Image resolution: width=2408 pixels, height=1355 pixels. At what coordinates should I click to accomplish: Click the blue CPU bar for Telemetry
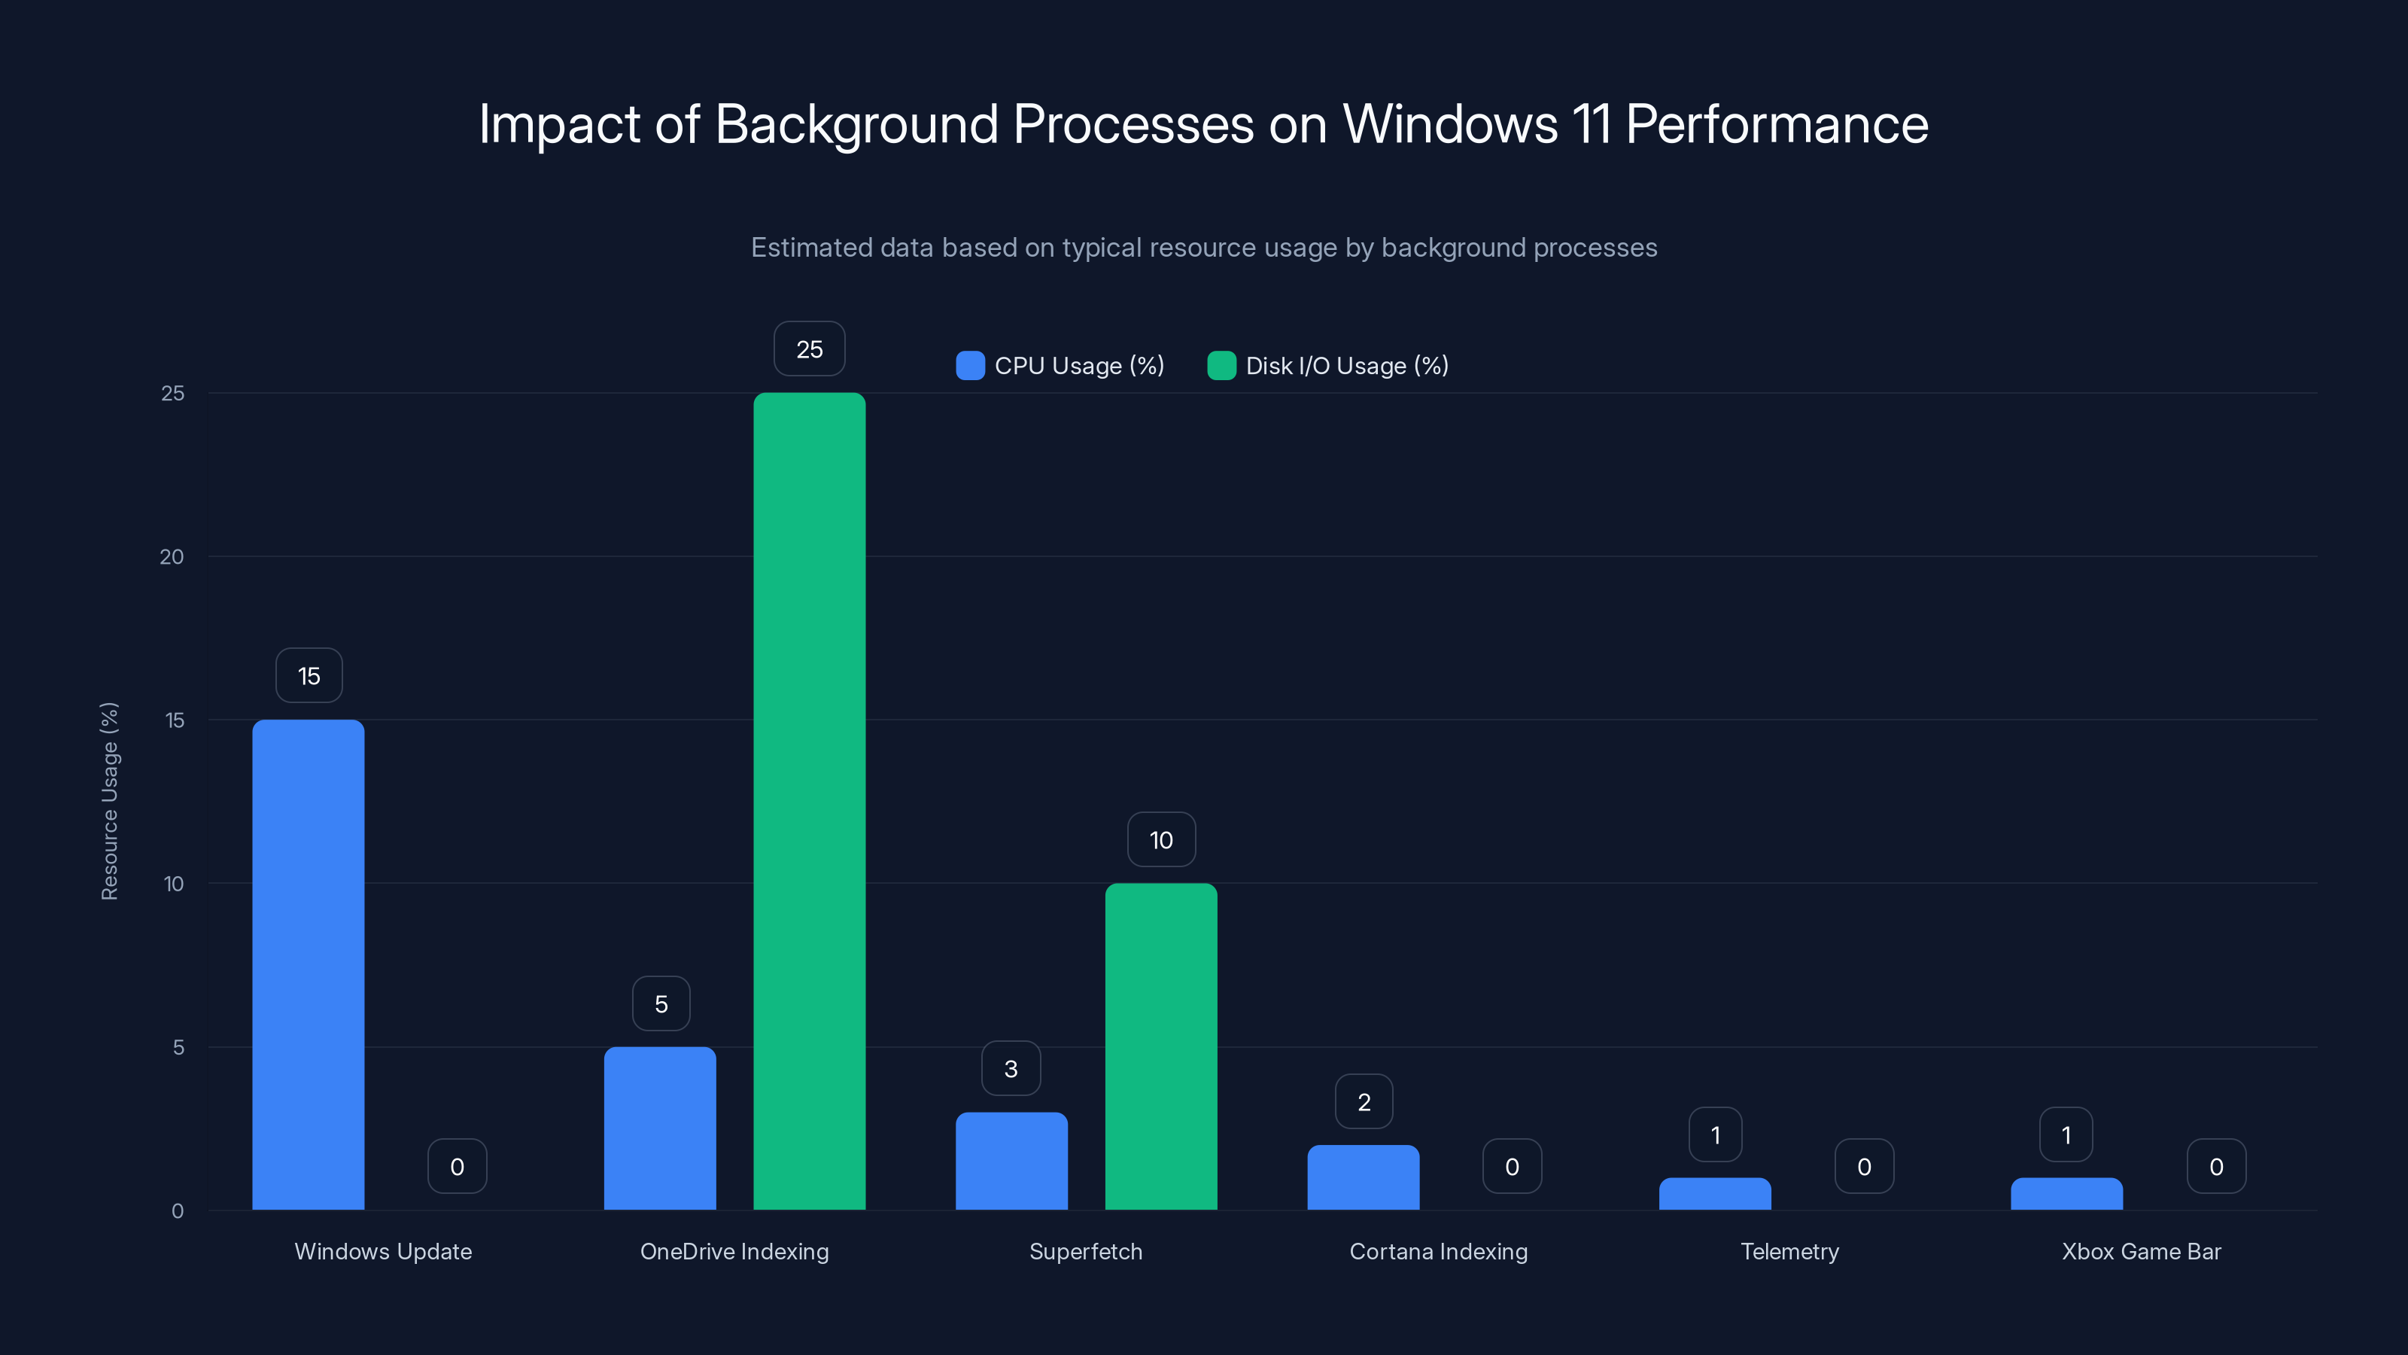click(1714, 1193)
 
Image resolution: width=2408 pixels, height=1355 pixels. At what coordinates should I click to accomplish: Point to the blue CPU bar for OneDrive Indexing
click(660, 1128)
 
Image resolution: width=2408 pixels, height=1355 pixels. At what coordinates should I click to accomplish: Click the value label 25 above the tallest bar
click(809, 349)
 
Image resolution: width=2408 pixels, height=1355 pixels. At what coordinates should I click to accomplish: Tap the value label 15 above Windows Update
click(309, 675)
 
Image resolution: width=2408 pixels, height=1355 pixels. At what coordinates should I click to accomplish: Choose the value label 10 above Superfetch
click(1160, 840)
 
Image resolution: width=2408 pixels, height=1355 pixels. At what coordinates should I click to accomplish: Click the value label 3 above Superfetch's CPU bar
click(1011, 1068)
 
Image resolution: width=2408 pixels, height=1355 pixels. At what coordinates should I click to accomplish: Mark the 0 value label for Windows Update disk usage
click(457, 1166)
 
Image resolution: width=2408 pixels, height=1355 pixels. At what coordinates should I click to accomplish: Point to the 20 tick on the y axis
click(172, 556)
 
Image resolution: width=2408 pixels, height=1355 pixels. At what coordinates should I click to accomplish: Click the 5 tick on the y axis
click(178, 1047)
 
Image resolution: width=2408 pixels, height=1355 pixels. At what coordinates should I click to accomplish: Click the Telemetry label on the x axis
click(1789, 1251)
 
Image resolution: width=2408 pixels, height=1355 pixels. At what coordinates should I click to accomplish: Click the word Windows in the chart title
click(1450, 123)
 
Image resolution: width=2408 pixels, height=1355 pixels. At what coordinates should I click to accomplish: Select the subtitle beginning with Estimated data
click(1204, 248)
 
